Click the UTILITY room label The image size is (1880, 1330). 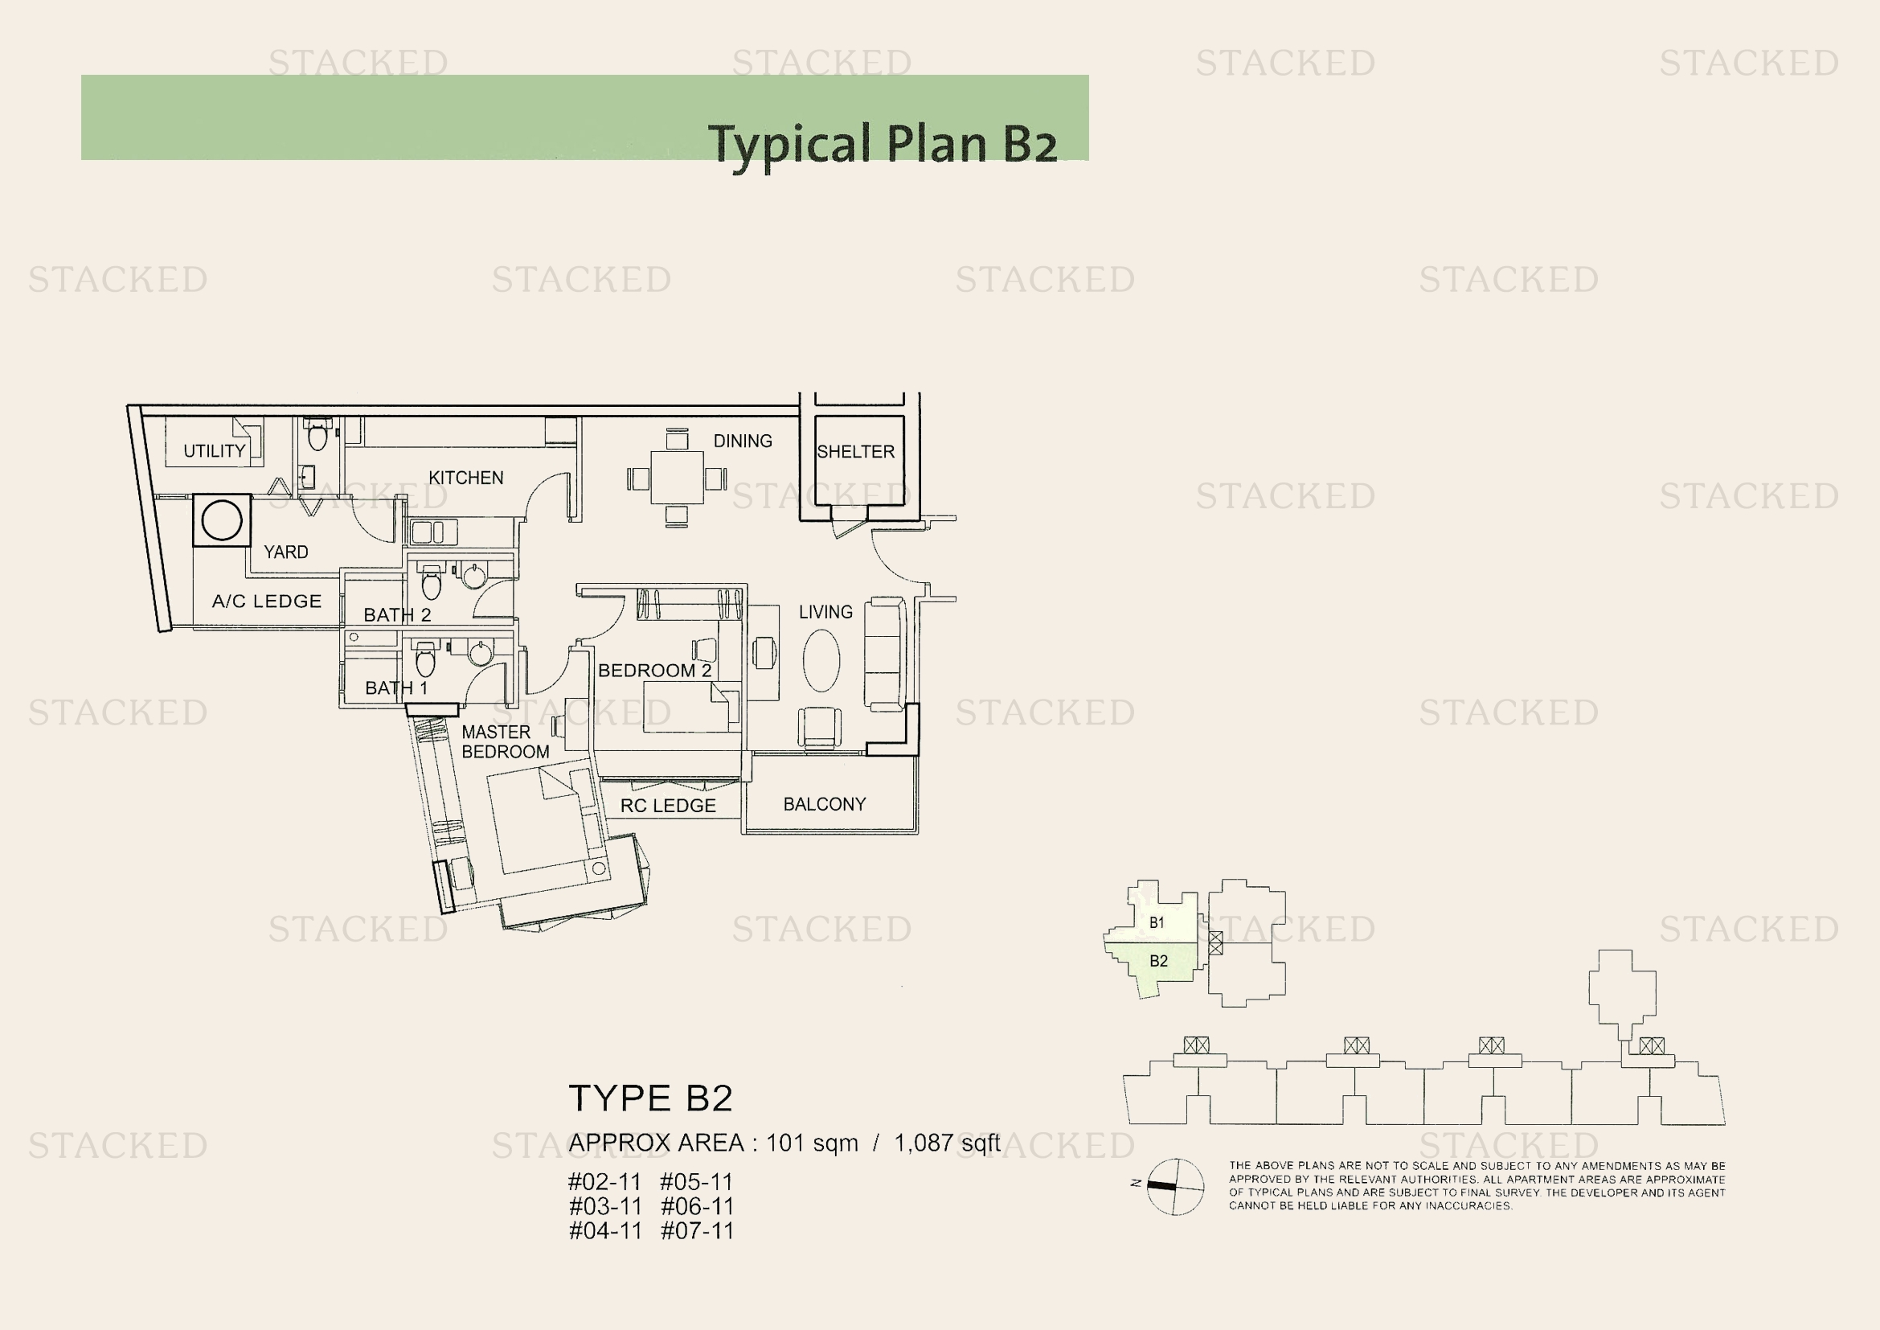[x=215, y=450]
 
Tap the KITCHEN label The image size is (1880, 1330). [x=465, y=478]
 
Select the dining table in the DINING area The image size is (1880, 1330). [x=676, y=478]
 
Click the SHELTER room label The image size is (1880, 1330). [x=855, y=451]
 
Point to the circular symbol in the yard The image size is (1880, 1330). [x=222, y=520]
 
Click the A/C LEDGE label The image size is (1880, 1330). [x=266, y=601]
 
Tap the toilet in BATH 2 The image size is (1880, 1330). [x=431, y=584]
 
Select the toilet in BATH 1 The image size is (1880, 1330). [x=425, y=660]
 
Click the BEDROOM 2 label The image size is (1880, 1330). [x=654, y=670]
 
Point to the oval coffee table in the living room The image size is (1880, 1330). [x=821, y=660]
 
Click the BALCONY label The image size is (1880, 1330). [x=824, y=804]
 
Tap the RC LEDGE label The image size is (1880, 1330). [x=667, y=806]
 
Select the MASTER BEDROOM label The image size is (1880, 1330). [x=504, y=742]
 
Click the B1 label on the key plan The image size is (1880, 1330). [x=1156, y=922]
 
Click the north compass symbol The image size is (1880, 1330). [x=1174, y=1187]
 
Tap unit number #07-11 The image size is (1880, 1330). [x=697, y=1230]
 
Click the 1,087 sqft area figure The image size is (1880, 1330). [x=947, y=1143]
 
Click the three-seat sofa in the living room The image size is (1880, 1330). [x=884, y=654]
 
